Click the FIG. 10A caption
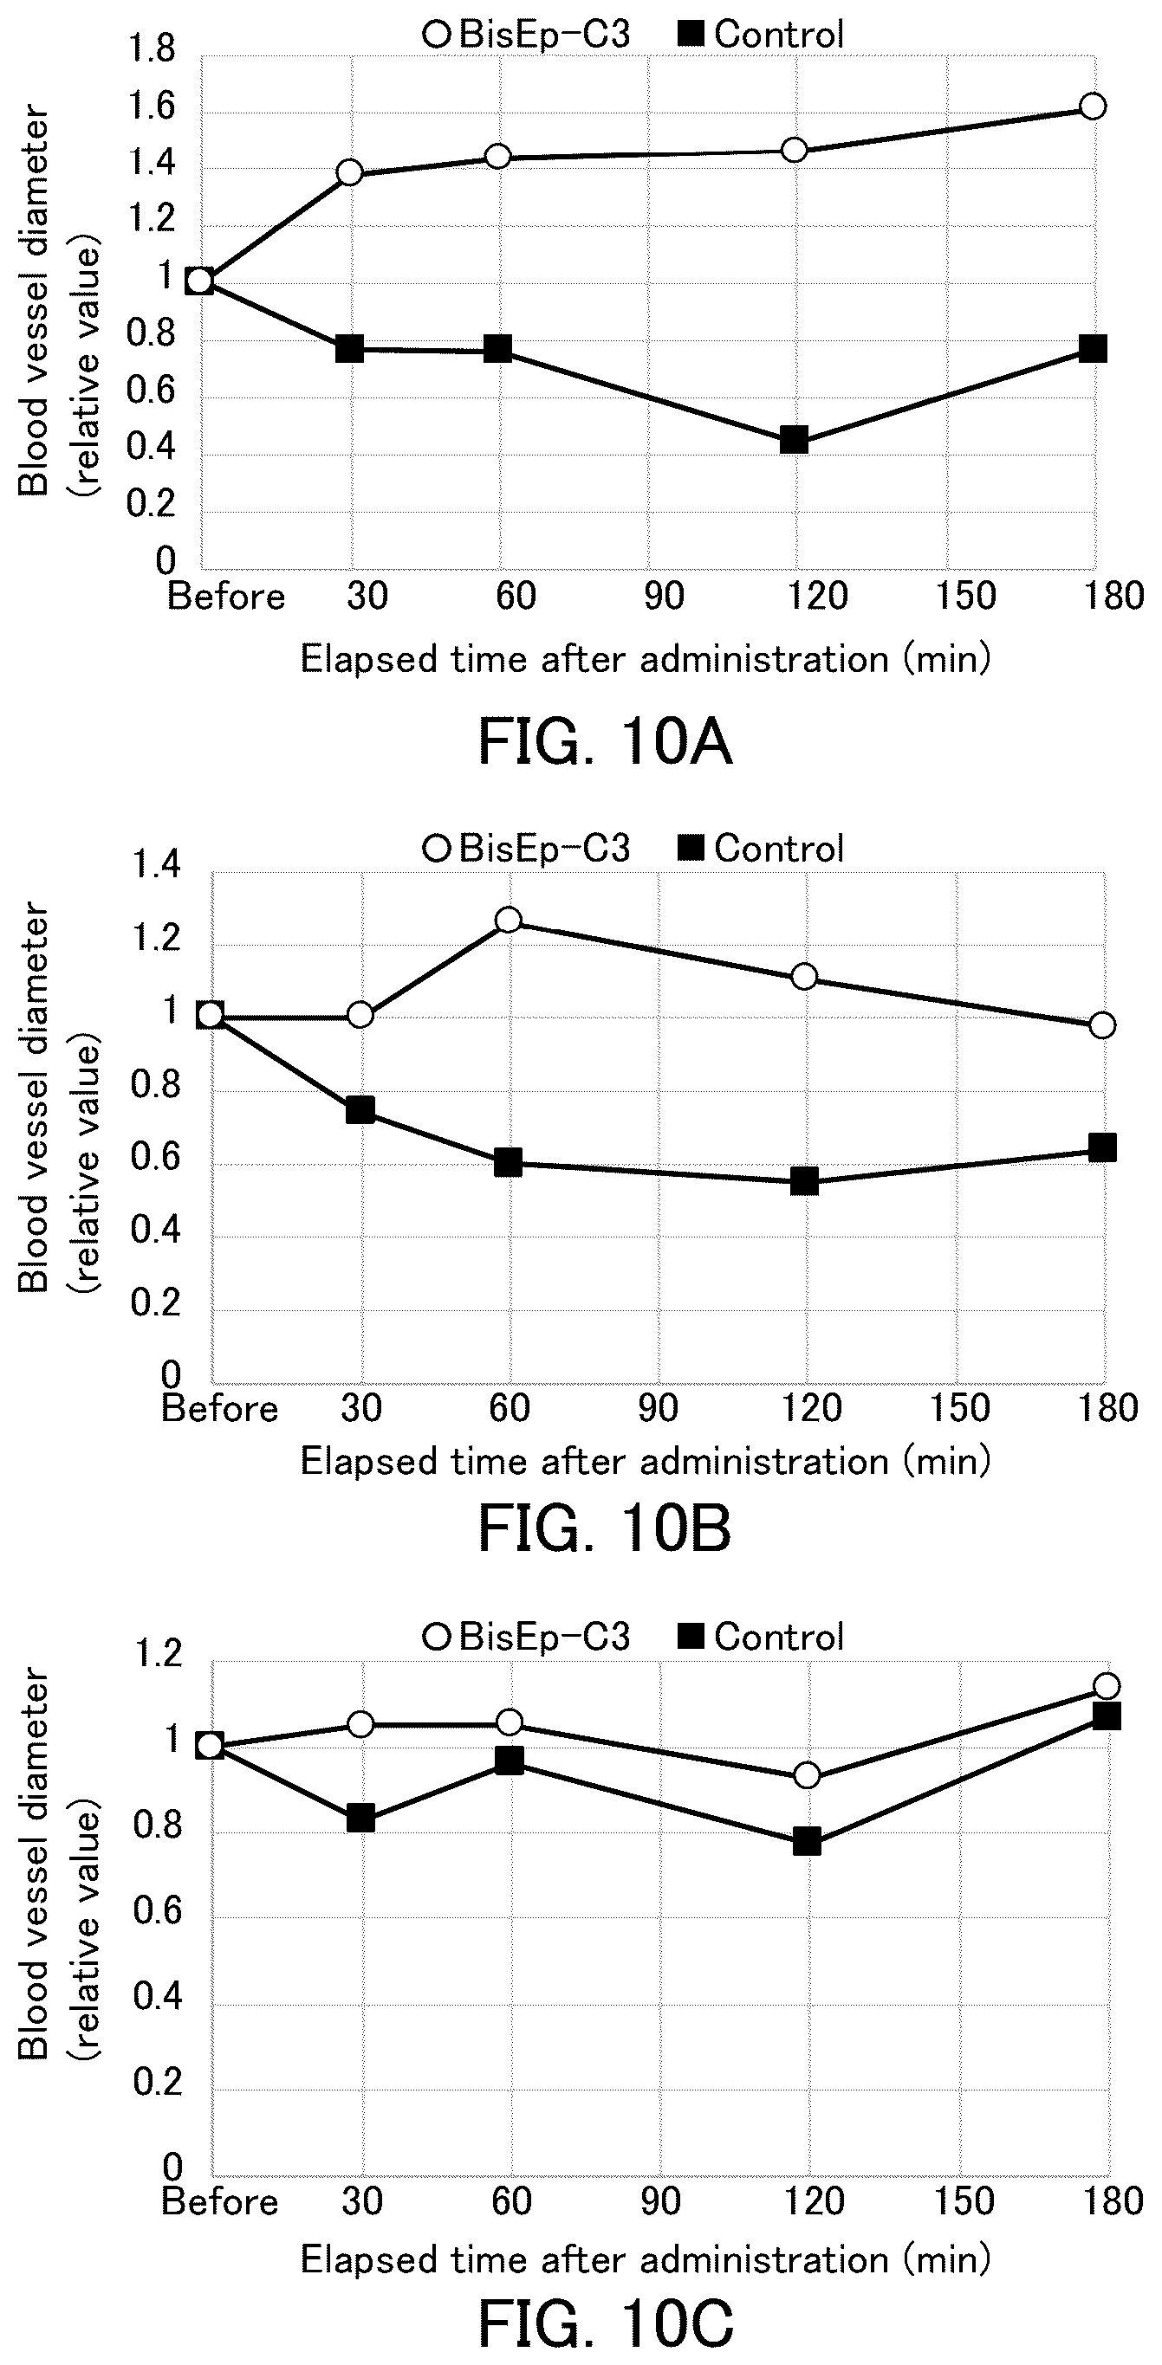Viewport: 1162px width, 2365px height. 606,743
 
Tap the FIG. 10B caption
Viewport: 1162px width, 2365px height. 606,1529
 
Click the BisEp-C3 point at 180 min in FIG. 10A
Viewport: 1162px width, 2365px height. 1092,106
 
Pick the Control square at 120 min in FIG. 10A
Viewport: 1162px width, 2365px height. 794,440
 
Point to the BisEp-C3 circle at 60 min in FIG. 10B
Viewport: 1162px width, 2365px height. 508,920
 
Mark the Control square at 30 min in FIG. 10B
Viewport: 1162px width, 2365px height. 360,1109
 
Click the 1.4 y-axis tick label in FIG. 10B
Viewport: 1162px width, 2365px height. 156,866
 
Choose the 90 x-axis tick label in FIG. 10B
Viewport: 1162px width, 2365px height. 658,1407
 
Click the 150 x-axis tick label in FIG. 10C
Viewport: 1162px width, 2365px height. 961,2200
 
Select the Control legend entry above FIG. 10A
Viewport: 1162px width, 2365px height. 762,35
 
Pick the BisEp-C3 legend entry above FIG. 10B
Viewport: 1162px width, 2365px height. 526,848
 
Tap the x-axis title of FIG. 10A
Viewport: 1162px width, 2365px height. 646,659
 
